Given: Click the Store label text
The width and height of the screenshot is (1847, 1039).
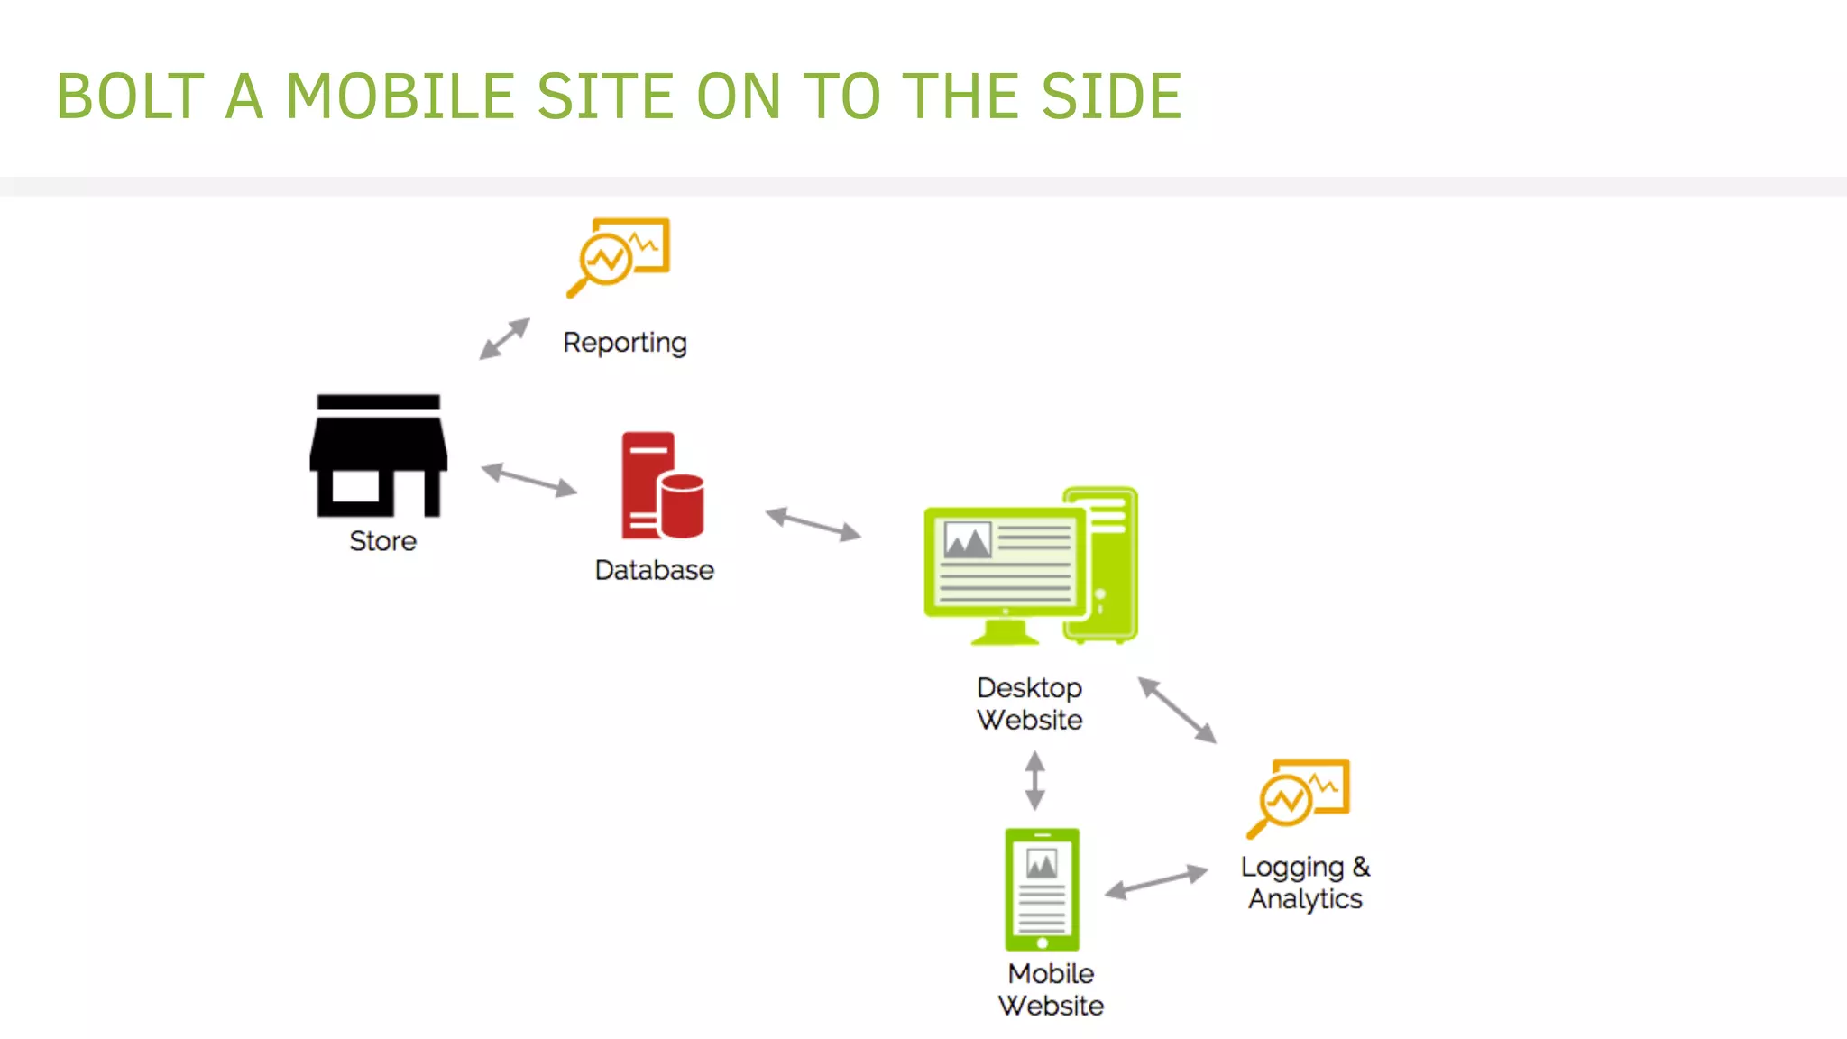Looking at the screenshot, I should [x=382, y=541].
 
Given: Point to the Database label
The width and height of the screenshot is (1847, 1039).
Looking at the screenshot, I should [x=654, y=570].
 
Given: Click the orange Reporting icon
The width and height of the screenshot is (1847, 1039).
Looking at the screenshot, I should [x=619, y=256].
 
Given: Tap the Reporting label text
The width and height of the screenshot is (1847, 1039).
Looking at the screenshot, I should [x=624, y=343].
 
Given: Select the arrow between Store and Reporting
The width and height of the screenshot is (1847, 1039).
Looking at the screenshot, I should [x=504, y=338].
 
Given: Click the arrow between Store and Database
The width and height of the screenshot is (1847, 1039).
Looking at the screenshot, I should [x=528, y=480].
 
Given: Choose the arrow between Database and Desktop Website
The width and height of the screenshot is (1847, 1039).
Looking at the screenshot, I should [x=813, y=524].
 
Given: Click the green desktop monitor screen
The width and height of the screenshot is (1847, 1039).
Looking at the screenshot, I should [x=1005, y=562].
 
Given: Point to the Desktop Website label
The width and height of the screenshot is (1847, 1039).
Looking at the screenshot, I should [x=1029, y=703].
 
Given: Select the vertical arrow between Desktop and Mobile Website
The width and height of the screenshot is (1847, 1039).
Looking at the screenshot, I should [x=1034, y=781].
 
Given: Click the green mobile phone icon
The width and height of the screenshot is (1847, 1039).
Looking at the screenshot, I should [x=1042, y=889].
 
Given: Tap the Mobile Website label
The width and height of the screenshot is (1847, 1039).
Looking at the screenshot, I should [x=1051, y=989].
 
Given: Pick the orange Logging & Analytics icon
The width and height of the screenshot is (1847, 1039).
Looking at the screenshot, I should [x=1299, y=797].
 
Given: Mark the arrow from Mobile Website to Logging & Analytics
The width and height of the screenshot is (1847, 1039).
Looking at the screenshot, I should [x=1156, y=881].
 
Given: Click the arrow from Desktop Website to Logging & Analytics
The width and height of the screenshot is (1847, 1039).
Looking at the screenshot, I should [x=1177, y=710].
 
